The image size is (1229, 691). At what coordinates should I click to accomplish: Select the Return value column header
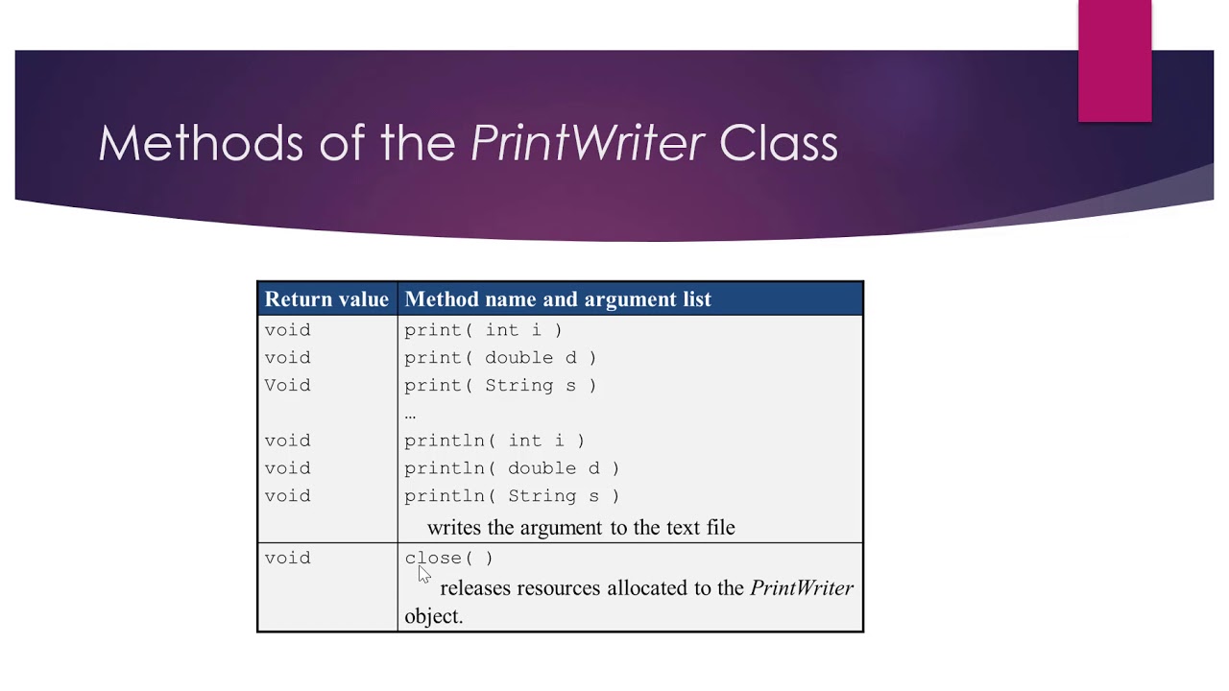click(x=326, y=299)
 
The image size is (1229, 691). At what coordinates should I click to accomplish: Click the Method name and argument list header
click(x=558, y=299)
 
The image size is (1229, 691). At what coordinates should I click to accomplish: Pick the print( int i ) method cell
click(x=483, y=330)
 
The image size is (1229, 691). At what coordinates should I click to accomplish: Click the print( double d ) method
click(x=500, y=358)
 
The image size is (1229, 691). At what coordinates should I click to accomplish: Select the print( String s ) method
click(x=500, y=386)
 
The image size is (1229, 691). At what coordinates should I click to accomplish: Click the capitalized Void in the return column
click(x=287, y=386)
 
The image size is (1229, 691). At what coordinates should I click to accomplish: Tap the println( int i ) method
click(x=494, y=441)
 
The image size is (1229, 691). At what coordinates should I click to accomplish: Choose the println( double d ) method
click(x=512, y=468)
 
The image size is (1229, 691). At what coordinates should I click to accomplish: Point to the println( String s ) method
click(x=512, y=496)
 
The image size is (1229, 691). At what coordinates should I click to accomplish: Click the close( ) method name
click(x=448, y=558)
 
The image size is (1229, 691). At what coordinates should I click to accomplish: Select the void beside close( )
click(x=287, y=558)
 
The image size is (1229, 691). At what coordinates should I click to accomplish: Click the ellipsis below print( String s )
click(x=410, y=415)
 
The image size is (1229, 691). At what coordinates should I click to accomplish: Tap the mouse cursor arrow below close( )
click(x=423, y=574)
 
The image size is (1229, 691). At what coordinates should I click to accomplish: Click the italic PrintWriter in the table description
click(x=802, y=588)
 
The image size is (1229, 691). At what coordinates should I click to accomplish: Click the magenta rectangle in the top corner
click(x=1115, y=61)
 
